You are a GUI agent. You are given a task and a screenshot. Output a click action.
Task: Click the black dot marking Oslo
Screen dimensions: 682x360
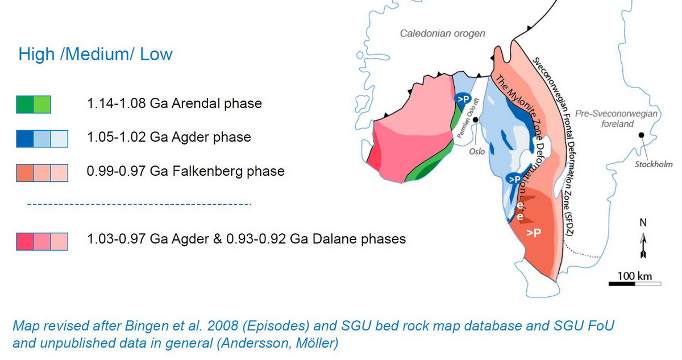pyautogui.click(x=475, y=120)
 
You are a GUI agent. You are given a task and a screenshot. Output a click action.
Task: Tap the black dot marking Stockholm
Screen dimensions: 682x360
pyautogui.click(x=642, y=135)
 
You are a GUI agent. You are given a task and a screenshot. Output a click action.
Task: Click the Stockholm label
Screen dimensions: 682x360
pyautogui.click(x=654, y=164)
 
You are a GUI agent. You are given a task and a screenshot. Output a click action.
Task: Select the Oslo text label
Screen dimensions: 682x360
pyautogui.click(x=477, y=151)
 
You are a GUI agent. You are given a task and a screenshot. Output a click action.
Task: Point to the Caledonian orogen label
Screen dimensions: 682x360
pyautogui.click(x=442, y=34)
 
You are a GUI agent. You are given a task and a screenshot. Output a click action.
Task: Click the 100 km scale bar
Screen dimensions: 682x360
pyautogui.click(x=635, y=284)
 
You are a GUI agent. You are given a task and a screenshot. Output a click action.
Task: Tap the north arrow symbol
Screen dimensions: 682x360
pyautogui.click(x=643, y=246)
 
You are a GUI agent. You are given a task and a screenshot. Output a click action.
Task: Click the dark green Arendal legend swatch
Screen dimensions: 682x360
pyautogui.click(x=25, y=105)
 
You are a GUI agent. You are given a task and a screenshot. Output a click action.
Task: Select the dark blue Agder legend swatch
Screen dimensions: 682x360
pyautogui.click(x=25, y=139)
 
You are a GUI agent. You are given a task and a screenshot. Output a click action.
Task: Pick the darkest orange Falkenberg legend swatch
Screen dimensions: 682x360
pyautogui.click(x=25, y=173)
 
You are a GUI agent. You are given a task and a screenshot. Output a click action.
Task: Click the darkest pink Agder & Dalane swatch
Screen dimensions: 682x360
pyautogui.click(x=25, y=242)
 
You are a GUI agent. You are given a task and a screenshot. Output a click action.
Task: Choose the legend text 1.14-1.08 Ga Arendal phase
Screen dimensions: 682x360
pyautogui.click(x=174, y=104)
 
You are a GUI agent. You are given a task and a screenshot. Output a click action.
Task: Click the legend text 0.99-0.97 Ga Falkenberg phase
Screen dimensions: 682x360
pyautogui.click(x=186, y=171)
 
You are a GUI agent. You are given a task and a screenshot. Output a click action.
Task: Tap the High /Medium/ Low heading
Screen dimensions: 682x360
pyautogui.click(x=95, y=54)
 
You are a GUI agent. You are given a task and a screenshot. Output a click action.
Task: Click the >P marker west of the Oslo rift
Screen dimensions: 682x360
pyautogui.click(x=463, y=99)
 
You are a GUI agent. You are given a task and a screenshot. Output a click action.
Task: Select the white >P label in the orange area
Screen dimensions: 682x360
pyautogui.click(x=534, y=233)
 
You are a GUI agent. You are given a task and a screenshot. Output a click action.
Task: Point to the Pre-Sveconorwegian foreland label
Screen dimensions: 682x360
pyautogui.click(x=617, y=119)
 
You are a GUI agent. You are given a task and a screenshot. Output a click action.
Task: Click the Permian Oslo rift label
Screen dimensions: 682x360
pyautogui.click(x=468, y=118)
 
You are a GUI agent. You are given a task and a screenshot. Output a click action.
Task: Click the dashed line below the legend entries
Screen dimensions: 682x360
pyautogui.click(x=139, y=204)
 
